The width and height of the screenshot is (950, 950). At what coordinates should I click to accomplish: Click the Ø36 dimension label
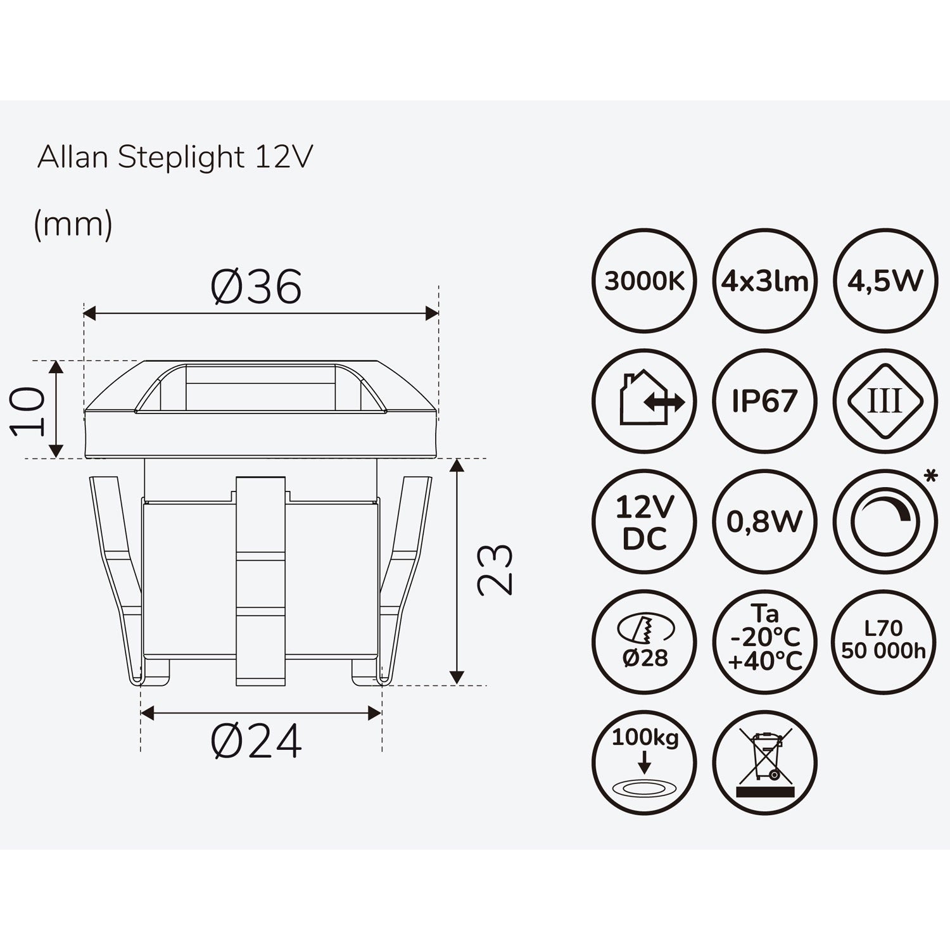pyautogui.click(x=256, y=287)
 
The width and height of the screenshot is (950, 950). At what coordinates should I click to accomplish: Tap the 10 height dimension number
pyautogui.click(x=29, y=412)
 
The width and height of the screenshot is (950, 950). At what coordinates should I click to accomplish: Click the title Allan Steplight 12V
pyautogui.click(x=175, y=157)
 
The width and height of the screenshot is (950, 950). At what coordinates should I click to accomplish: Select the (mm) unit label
pyautogui.click(x=73, y=224)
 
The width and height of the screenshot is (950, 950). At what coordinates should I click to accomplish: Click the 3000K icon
pyautogui.click(x=644, y=281)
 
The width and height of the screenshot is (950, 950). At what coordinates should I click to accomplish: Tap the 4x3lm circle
pyautogui.click(x=764, y=281)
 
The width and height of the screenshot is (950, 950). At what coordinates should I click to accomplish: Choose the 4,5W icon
pyautogui.click(x=885, y=281)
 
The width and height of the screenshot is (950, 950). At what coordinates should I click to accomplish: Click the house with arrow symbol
pyautogui.click(x=644, y=401)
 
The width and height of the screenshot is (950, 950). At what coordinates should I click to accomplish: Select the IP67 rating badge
pyautogui.click(x=764, y=401)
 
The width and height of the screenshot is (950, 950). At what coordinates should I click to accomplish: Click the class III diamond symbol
pyautogui.click(x=885, y=401)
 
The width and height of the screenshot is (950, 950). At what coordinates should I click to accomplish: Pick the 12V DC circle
pyautogui.click(x=644, y=522)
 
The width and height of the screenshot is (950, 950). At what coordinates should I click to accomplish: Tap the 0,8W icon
pyautogui.click(x=764, y=522)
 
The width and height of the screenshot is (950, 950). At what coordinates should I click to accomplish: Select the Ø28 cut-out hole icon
pyautogui.click(x=644, y=642)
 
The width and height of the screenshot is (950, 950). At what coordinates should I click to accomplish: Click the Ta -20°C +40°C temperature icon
pyautogui.click(x=764, y=642)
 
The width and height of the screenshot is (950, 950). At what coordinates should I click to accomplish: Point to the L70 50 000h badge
pyautogui.click(x=885, y=642)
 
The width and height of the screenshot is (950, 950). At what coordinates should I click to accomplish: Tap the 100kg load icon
pyautogui.click(x=644, y=762)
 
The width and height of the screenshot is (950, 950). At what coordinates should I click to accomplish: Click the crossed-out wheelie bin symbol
pyautogui.click(x=764, y=762)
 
